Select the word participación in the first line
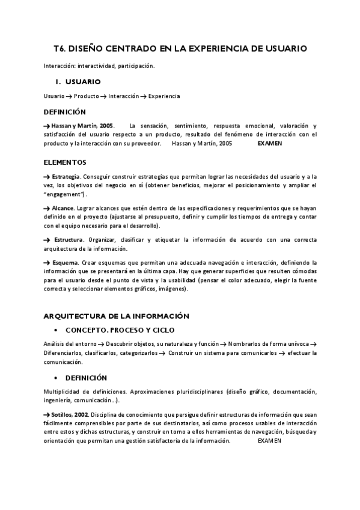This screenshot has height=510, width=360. (x=136, y=66)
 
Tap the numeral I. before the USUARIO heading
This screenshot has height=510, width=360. (x=58, y=81)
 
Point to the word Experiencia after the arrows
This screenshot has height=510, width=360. (x=164, y=96)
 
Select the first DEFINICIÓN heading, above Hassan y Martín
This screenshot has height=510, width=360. (x=65, y=112)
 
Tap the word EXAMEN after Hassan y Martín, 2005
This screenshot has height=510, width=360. (x=269, y=144)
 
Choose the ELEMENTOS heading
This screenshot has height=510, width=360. (x=65, y=162)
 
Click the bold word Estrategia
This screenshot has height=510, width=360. (x=66, y=176)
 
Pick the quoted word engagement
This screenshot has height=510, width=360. (x=64, y=195)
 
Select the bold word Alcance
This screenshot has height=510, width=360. (x=63, y=207)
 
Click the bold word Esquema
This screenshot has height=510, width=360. (x=65, y=263)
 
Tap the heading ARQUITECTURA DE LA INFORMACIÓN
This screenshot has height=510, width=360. (x=116, y=316)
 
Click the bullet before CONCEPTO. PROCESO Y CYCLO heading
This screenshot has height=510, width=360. (x=55, y=331)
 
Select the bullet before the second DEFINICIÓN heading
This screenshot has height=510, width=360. (x=55, y=378)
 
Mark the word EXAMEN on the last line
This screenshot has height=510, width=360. (x=269, y=441)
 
